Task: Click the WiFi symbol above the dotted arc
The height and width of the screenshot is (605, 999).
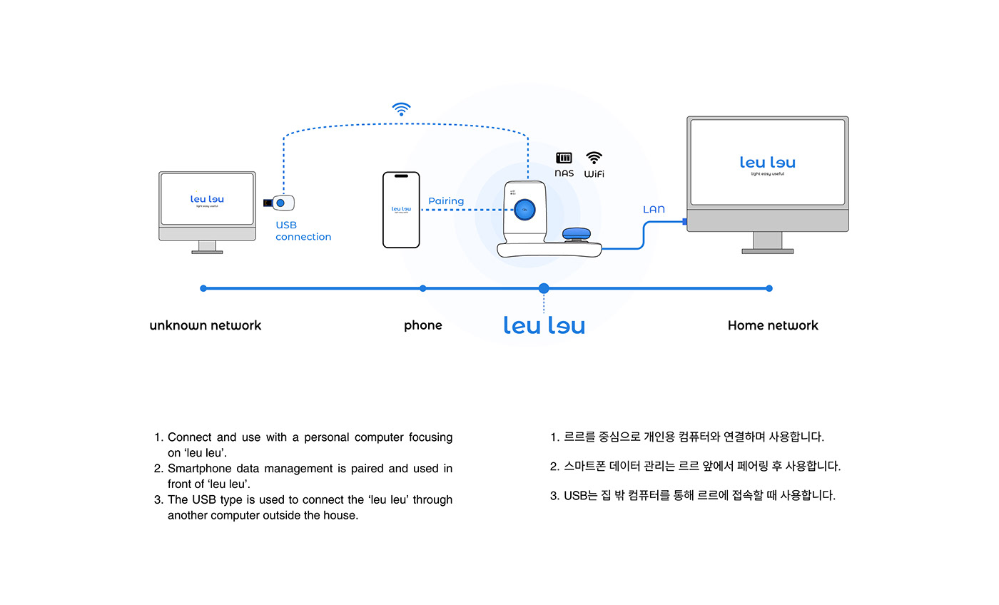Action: coord(402,109)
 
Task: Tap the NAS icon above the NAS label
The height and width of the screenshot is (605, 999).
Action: coord(564,158)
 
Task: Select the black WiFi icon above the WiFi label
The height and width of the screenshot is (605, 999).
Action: coord(594,158)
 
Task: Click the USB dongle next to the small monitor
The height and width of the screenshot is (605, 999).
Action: coord(280,203)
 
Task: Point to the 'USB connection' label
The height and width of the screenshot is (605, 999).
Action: coord(303,231)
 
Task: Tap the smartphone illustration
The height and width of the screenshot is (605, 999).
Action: coord(401,210)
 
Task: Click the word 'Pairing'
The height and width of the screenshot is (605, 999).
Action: coord(446,201)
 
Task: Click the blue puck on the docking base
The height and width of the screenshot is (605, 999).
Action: coord(577,235)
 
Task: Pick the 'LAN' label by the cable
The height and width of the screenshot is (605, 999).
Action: coord(654,210)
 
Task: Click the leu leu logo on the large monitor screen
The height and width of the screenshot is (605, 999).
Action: coord(767,163)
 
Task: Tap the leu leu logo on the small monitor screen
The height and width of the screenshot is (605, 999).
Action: coord(207,200)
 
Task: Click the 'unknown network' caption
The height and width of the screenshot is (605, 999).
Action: coord(206,325)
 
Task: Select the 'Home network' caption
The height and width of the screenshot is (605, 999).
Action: coord(773,325)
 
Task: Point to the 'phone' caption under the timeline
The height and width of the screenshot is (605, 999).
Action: coord(423,325)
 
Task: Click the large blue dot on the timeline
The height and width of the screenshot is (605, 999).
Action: coord(544,288)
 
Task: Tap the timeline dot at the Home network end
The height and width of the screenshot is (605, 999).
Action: coord(769,288)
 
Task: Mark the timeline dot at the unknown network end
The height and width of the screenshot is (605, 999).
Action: coord(203,288)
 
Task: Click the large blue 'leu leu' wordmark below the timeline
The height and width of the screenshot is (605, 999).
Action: coord(544,326)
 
